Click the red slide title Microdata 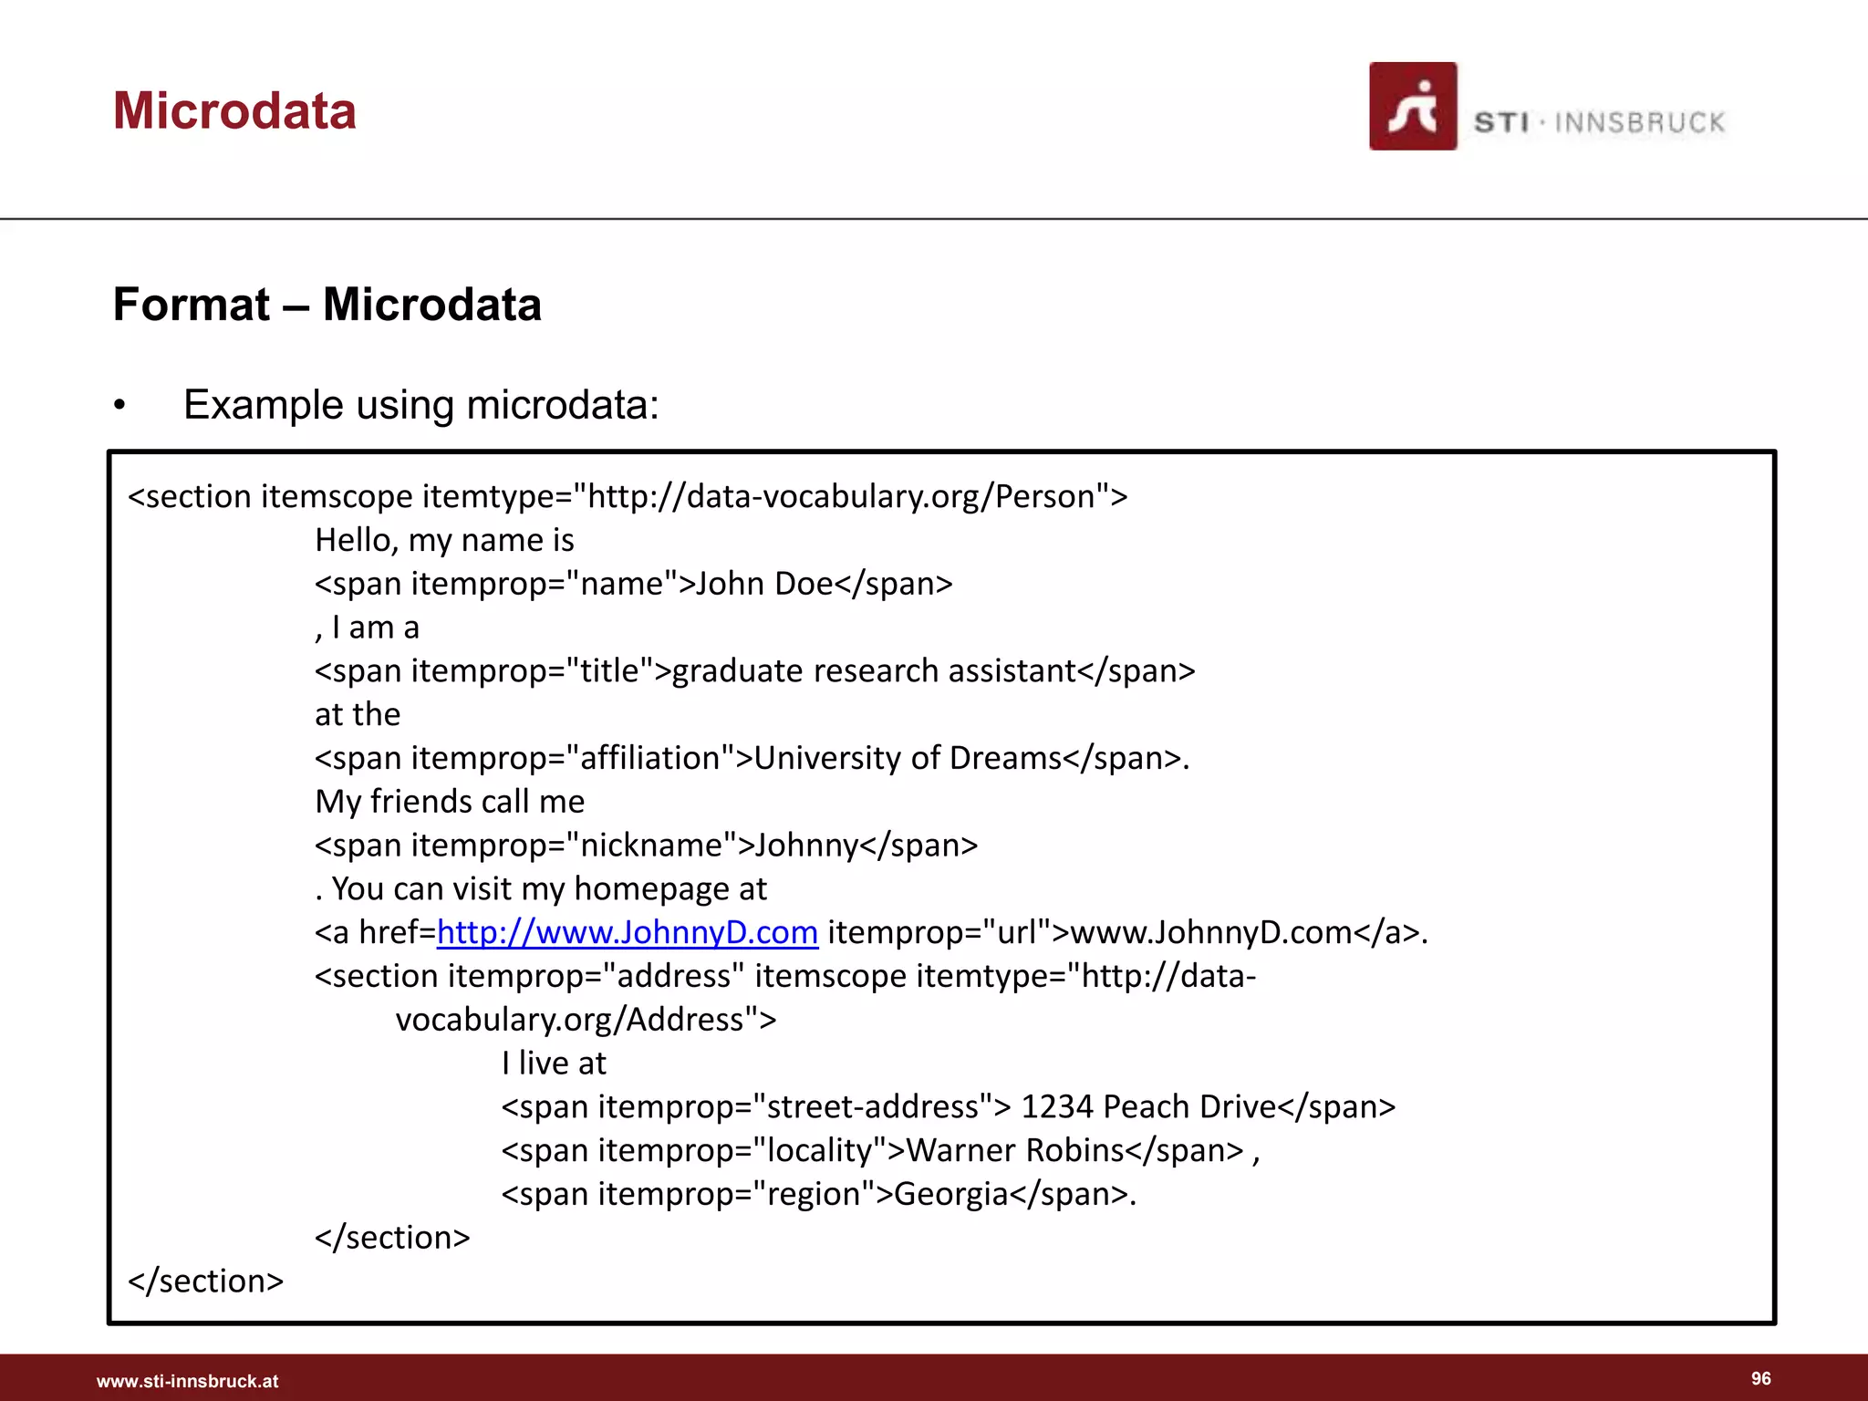234,111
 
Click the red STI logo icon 1412,107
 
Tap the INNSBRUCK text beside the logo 1639,122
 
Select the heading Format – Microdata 327,305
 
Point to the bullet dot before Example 119,406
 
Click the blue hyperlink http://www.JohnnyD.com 627,932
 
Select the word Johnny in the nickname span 806,846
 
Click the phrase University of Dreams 908,758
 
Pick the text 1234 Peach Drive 1147,1107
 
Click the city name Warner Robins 1014,1151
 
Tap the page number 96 1760,1378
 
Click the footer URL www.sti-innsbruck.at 187,1381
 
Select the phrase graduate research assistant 874,671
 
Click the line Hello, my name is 444,540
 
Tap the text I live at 553,1064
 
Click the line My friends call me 450,802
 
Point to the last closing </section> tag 206,1282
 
